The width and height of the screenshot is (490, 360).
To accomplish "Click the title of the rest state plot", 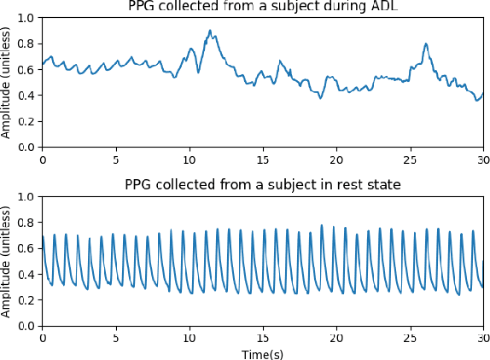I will [x=262, y=184].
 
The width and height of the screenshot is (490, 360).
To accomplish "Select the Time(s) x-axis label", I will [x=262, y=352].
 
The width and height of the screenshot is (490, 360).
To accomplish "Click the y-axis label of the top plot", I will [x=8, y=82].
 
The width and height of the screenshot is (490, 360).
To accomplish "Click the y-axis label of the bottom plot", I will [x=8, y=260].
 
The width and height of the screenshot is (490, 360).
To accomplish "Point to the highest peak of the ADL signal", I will [x=210, y=31].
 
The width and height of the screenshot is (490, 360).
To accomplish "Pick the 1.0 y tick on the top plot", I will [x=28, y=18].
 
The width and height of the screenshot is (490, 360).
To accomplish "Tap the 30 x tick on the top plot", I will [x=483, y=159].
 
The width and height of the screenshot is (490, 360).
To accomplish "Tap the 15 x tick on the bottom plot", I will [x=263, y=337].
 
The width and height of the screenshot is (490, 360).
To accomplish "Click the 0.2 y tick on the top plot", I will [x=28, y=121].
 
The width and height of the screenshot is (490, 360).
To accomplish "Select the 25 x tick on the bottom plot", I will [x=410, y=337].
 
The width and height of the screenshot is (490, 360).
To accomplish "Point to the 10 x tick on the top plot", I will [x=190, y=159].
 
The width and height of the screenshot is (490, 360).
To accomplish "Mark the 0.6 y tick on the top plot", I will [x=28, y=70].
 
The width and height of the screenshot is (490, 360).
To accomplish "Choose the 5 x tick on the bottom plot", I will [x=116, y=337].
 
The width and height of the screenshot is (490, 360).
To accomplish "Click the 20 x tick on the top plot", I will [x=336, y=159].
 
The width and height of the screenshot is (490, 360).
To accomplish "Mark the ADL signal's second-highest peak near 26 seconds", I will [x=425, y=44].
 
